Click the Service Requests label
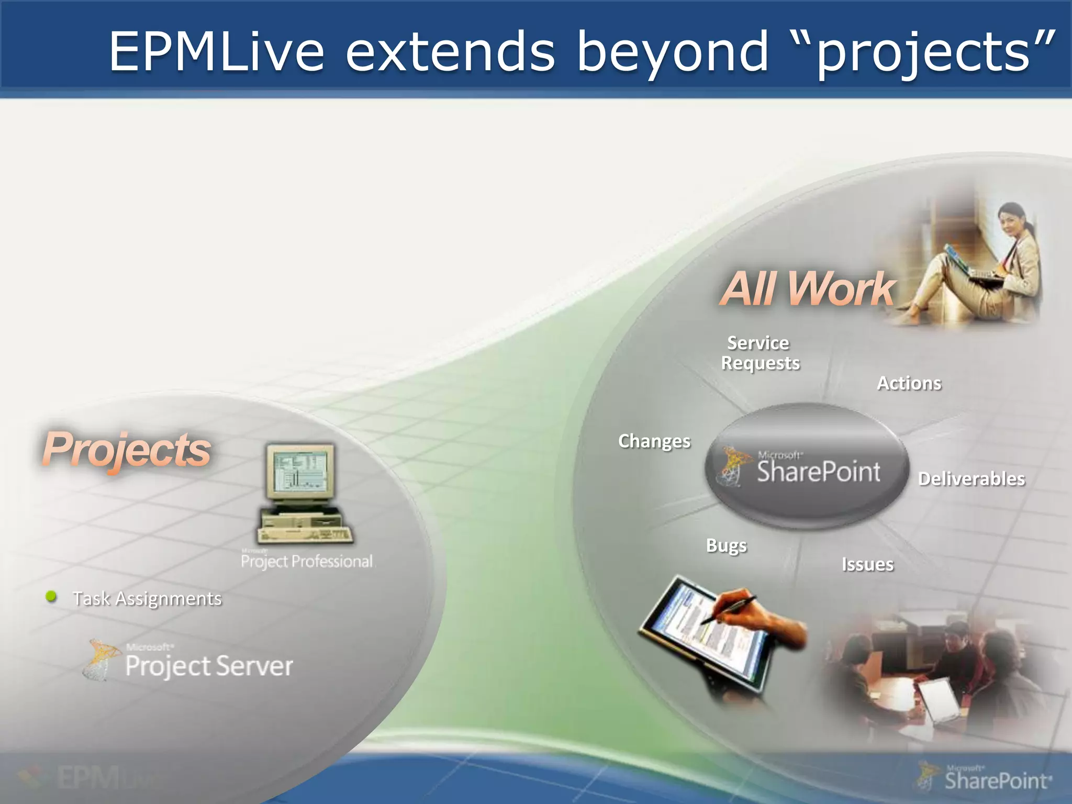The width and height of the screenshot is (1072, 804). point(760,353)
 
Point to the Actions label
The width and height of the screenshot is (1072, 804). point(909,383)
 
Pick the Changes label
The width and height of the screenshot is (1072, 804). point(654,441)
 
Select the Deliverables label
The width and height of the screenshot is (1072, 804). point(971,479)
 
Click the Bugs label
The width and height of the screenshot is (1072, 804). point(727,545)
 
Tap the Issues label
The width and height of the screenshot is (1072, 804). point(867,565)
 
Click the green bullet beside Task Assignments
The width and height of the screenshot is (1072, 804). point(51,596)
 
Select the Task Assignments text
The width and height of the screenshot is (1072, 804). point(147,598)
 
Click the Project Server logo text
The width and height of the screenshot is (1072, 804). point(208,666)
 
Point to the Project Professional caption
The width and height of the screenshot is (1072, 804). point(307,561)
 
